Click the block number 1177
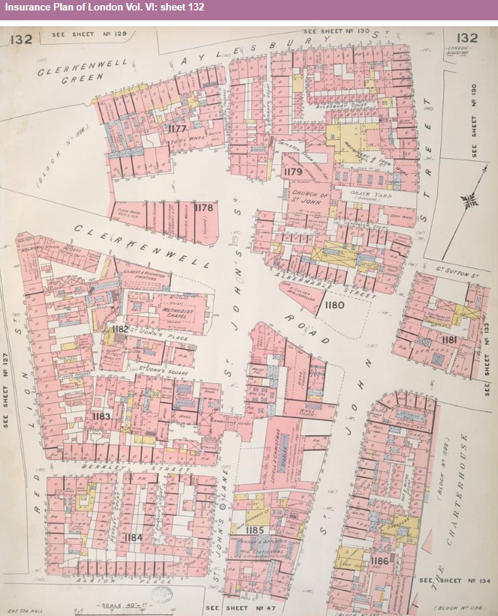coord(177,128)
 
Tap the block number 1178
coord(203,208)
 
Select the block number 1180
coord(334,304)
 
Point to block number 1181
coord(450,340)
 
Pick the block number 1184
coord(133,537)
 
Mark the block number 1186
coord(379,560)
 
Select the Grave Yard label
coord(367,193)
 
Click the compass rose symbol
coord(470,199)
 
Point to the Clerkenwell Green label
coord(72,73)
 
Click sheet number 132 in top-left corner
coord(21,39)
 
